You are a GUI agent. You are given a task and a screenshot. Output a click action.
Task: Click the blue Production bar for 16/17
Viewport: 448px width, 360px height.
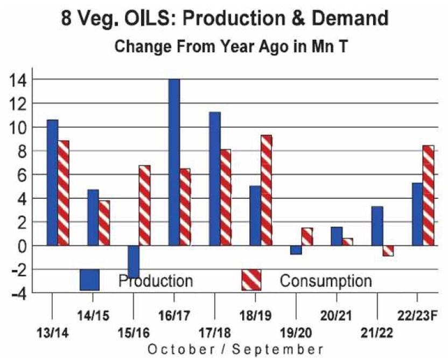click(174, 162)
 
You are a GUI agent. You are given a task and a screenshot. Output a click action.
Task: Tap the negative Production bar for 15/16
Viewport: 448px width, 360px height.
click(134, 261)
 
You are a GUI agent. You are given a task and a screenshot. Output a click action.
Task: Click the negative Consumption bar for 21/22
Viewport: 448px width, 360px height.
click(388, 251)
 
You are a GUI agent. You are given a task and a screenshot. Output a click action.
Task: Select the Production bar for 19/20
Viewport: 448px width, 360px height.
click(296, 250)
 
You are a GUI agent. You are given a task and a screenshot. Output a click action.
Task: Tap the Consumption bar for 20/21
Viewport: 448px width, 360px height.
click(347, 241)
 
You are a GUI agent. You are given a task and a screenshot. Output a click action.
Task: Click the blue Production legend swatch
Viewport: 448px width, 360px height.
click(90, 280)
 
